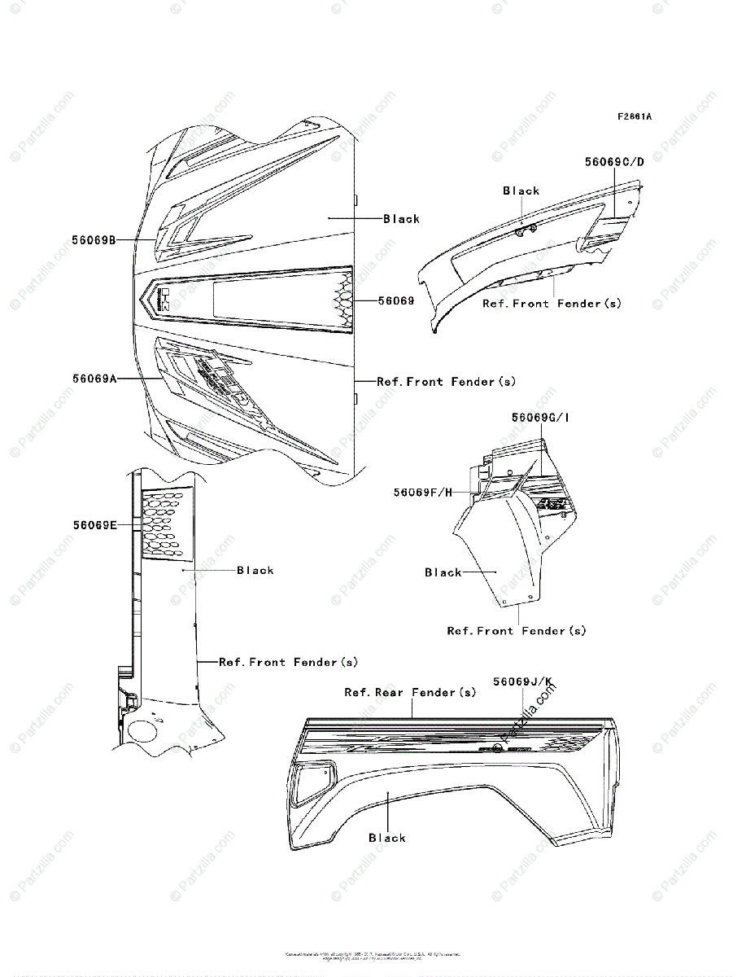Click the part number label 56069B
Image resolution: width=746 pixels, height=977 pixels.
94,239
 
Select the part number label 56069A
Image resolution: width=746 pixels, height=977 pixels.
94,379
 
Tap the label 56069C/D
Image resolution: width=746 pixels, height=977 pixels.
614,161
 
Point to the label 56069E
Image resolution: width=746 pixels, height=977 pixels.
94,525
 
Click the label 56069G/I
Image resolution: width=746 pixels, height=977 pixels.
540,418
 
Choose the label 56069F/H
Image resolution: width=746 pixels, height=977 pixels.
422,492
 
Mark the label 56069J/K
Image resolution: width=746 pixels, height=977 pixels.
521,681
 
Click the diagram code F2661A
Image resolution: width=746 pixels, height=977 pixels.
634,116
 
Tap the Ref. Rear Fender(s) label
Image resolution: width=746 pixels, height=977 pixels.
410,692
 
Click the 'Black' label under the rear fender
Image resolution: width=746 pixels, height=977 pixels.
387,838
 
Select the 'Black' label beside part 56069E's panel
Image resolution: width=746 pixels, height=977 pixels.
255,571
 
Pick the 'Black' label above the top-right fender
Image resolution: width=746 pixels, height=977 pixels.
521,191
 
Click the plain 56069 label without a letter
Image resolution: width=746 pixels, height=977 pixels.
396,300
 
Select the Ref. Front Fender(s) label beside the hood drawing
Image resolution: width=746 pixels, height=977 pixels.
446,381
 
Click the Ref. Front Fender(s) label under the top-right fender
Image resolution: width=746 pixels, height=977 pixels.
552,304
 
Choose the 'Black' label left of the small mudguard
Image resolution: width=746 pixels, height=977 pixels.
443,572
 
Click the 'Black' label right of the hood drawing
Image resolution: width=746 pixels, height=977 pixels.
402,218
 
